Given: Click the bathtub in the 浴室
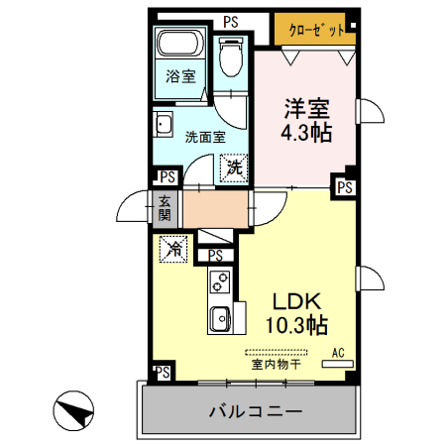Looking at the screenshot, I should click(x=180, y=47).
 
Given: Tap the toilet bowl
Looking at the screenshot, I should click(x=231, y=56).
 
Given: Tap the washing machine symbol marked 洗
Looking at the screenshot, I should click(x=234, y=167).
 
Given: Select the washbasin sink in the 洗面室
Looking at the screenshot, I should click(x=164, y=127).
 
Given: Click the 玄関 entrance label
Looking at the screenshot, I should click(x=164, y=209).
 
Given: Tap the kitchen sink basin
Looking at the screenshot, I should click(x=219, y=319).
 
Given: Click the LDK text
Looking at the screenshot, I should click(x=295, y=302).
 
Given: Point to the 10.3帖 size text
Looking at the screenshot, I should click(x=295, y=325).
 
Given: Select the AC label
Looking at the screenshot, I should click(x=337, y=352).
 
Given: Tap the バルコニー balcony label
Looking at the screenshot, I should click(x=255, y=411).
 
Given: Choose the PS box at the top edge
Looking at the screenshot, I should click(x=230, y=21).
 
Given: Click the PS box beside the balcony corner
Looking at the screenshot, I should click(x=162, y=373).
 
